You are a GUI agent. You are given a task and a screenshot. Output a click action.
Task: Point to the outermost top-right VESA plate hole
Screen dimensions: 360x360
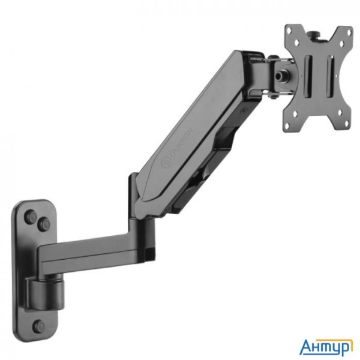click(347, 33)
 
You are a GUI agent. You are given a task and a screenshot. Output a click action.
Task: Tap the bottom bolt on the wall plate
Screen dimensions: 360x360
click(39, 327)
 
